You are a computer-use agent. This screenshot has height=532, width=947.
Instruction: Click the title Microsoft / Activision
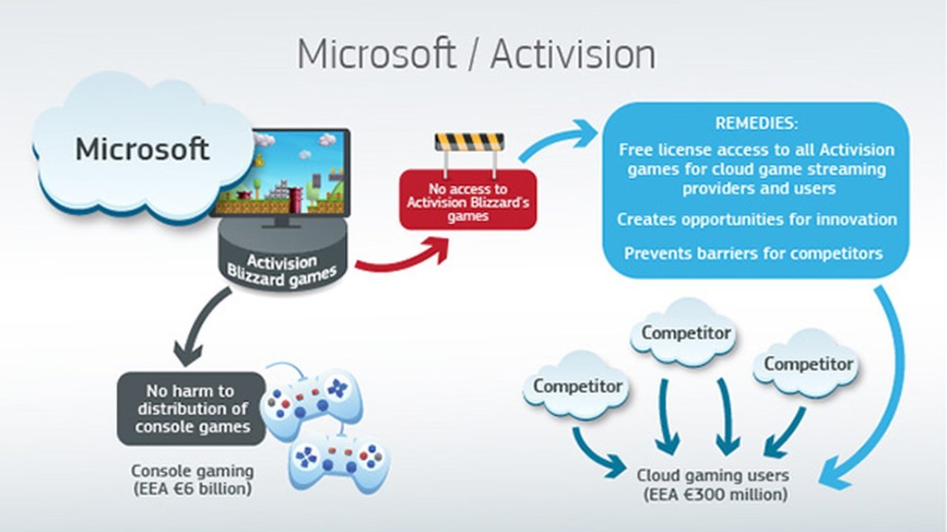point(476,54)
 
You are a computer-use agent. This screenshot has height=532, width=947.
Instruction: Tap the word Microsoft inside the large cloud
point(143,149)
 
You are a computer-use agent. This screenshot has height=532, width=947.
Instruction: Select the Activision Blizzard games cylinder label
point(282,270)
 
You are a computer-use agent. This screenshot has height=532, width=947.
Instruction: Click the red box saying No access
point(468,199)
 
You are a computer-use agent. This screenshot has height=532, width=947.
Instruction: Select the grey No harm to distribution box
point(192,409)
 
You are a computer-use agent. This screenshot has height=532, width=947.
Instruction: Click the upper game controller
point(311,401)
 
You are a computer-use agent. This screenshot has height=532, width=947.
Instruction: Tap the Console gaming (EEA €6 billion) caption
point(192,480)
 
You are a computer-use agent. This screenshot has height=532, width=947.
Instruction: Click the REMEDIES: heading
point(756,123)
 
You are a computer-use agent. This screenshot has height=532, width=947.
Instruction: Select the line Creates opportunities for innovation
point(757,219)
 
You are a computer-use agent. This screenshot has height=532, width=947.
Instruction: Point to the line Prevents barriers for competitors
point(753,253)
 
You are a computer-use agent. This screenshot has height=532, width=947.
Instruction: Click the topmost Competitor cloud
point(686,332)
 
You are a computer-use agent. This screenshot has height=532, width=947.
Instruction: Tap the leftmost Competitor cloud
point(578,386)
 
